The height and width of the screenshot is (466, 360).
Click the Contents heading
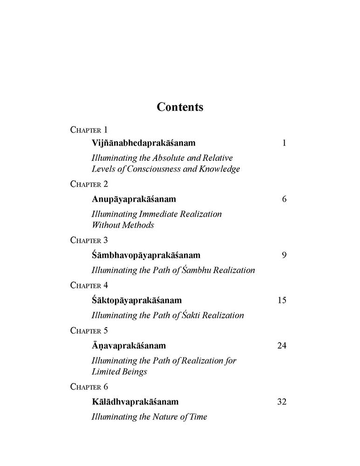(x=180, y=107)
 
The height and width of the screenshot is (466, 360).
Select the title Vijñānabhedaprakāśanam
(x=143, y=143)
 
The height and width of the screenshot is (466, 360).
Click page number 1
(x=284, y=143)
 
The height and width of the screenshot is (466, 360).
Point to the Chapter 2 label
(x=89, y=184)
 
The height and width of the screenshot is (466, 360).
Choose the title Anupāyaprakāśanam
(x=134, y=199)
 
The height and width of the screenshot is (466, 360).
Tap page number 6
(x=284, y=199)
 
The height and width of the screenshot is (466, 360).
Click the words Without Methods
(x=122, y=225)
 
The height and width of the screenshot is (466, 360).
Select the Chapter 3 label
(x=89, y=240)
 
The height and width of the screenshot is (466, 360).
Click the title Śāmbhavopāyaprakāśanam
(x=146, y=255)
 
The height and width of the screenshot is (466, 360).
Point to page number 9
(x=284, y=255)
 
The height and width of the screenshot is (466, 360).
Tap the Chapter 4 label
(x=89, y=285)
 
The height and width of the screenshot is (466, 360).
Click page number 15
(x=282, y=300)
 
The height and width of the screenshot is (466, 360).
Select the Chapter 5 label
(x=89, y=330)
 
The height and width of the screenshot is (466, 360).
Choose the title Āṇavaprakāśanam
(x=129, y=346)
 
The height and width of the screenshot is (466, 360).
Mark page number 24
(x=282, y=346)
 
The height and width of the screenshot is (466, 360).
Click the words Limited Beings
(x=120, y=371)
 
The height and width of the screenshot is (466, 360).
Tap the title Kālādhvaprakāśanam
(x=135, y=402)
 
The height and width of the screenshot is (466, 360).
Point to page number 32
(x=282, y=402)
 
